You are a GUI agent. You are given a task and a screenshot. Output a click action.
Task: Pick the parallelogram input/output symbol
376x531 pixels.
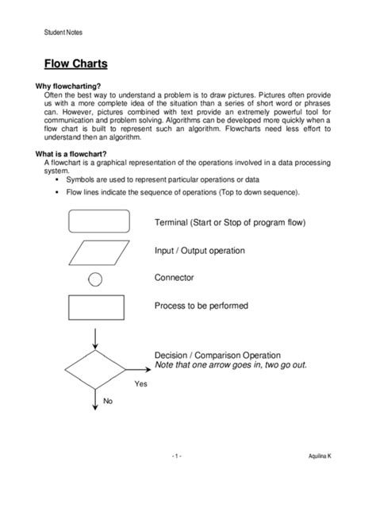click(95, 252)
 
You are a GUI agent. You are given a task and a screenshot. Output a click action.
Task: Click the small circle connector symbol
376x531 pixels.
click(95, 279)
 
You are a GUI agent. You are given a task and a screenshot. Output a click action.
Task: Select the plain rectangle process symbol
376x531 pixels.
click(95, 307)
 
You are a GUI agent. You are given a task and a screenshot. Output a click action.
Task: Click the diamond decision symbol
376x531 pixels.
click(94, 369)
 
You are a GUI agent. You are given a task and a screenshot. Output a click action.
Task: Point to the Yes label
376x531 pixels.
click(140, 383)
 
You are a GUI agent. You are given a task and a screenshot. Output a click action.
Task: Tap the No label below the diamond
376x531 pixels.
click(108, 401)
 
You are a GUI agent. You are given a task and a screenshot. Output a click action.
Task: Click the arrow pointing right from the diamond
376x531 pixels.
click(139, 369)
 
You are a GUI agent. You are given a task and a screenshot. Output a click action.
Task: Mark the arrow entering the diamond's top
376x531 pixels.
click(94, 338)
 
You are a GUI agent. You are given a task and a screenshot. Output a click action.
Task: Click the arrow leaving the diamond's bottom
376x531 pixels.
click(94, 402)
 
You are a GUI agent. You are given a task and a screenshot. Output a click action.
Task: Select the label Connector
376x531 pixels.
click(174, 278)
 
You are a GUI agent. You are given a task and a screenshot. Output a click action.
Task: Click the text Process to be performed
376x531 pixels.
click(201, 306)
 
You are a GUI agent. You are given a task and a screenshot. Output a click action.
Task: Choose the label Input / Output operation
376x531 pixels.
click(199, 251)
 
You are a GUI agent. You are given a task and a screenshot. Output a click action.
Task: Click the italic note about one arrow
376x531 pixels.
click(230, 365)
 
